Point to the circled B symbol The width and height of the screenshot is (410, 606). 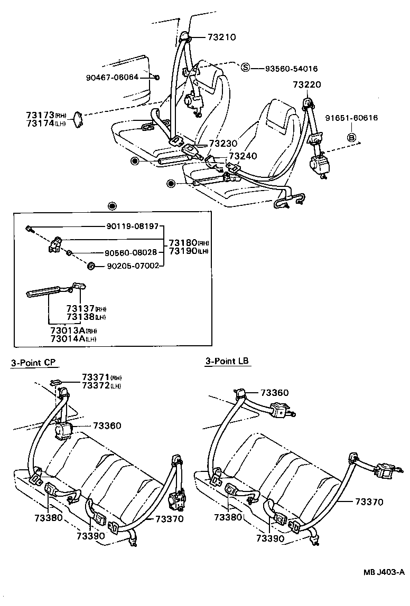351,138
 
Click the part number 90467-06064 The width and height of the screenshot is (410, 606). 111,77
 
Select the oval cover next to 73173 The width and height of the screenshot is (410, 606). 77,118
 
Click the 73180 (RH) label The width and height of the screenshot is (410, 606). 189,242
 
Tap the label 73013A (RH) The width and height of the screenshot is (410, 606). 73,330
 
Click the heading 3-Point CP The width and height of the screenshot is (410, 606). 33,362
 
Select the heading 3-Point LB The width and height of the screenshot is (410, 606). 227,361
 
